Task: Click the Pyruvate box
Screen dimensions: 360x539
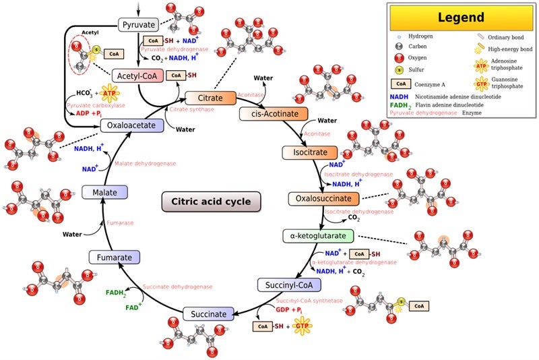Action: [139, 25]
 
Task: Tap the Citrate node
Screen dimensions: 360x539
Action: [210, 98]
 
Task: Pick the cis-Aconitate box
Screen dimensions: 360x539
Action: [274, 113]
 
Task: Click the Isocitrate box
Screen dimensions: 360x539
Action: [305, 152]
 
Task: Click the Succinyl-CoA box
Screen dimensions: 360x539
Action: [288, 285]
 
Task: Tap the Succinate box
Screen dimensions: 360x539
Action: [208, 314]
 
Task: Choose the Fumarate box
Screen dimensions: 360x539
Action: [115, 257]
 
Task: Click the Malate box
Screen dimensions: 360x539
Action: [100, 192]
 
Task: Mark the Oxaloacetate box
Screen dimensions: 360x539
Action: [132, 125]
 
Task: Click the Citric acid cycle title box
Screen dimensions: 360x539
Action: [211, 202]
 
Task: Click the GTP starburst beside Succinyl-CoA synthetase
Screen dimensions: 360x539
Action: [302, 326]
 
